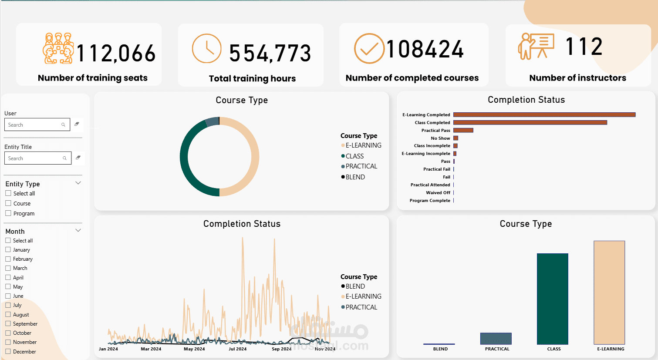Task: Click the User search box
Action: point(37,124)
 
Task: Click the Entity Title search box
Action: point(38,158)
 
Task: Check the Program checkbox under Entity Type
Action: point(8,213)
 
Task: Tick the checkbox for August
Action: point(8,314)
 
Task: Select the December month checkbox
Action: point(8,351)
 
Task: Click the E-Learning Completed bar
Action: point(544,114)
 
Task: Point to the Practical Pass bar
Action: point(463,130)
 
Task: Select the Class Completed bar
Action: point(530,122)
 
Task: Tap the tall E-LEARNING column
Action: point(609,293)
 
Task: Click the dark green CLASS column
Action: point(553,299)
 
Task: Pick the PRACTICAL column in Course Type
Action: point(496,339)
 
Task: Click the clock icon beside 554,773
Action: point(206,48)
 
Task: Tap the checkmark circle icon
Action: point(369,48)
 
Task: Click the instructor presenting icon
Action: point(536,46)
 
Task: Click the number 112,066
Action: point(116,53)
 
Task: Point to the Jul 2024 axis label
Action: point(237,349)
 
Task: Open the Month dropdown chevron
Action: point(78,230)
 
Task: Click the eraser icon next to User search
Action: point(77,124)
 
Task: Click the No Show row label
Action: point(440,138)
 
